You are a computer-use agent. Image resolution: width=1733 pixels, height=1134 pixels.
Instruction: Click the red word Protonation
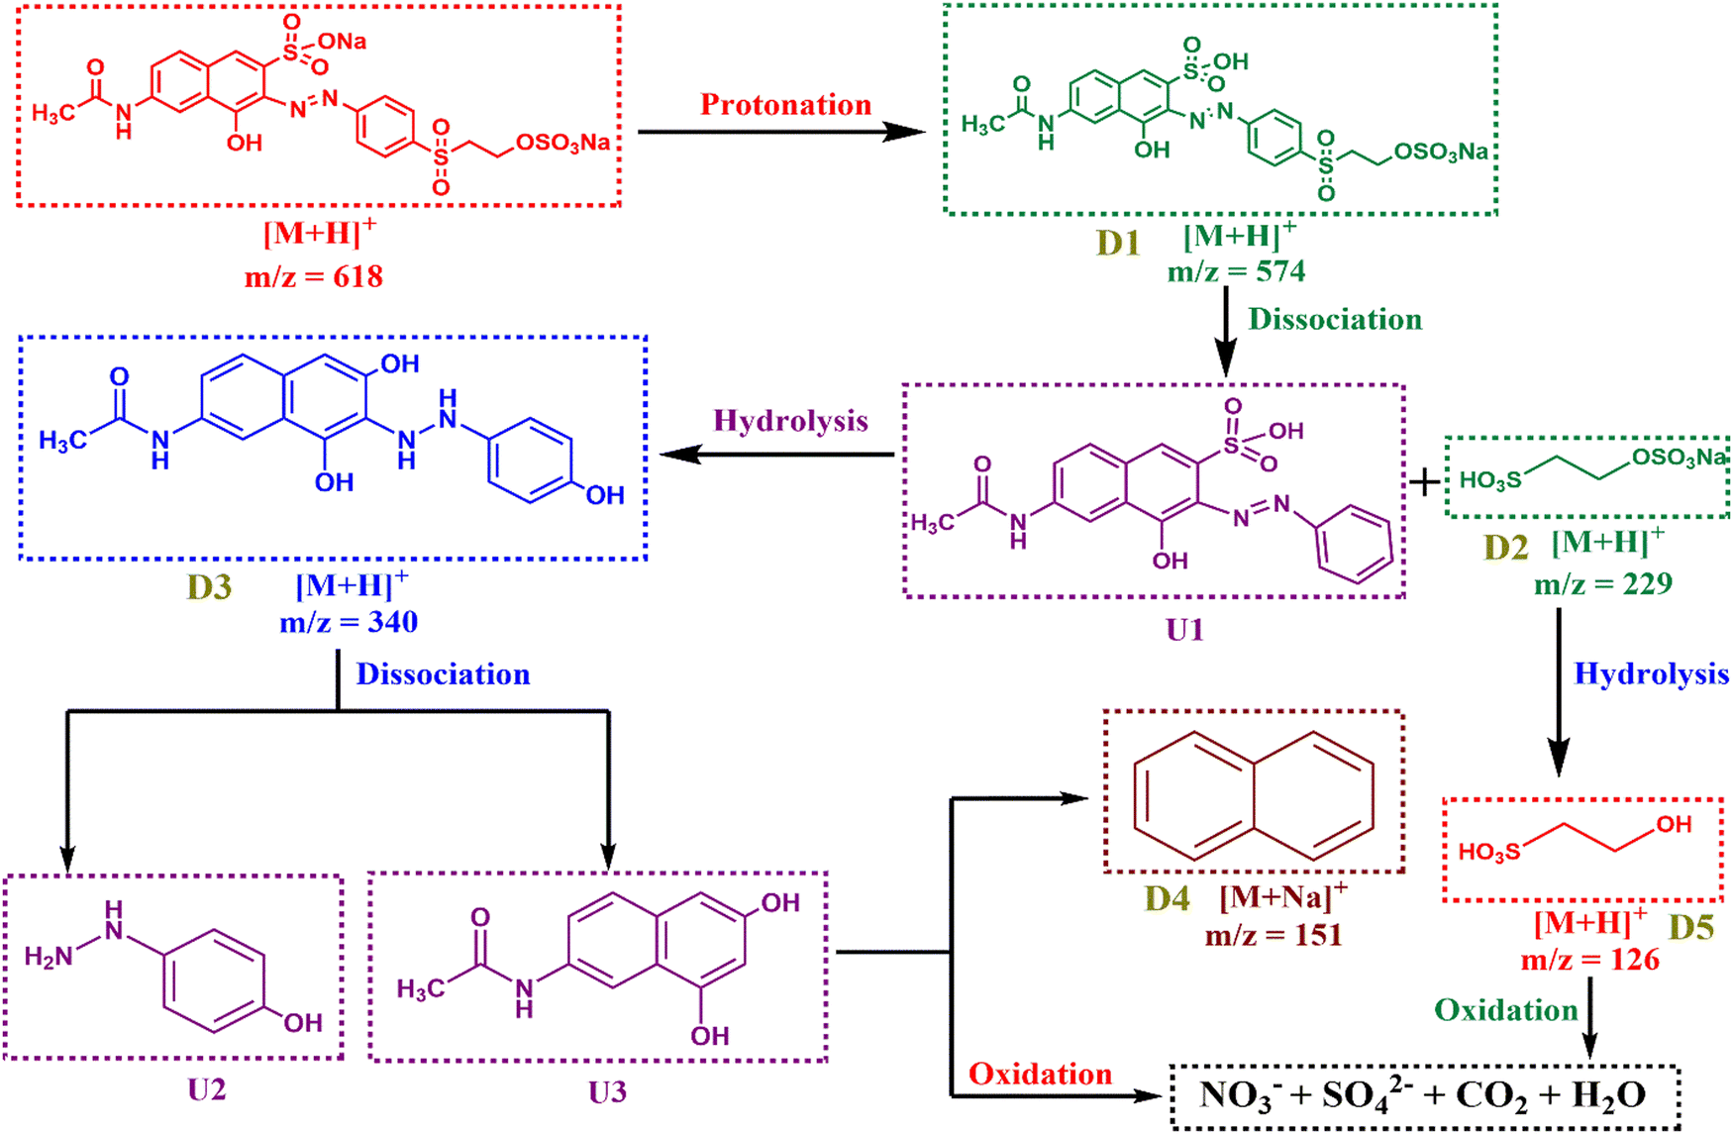click(785, 105)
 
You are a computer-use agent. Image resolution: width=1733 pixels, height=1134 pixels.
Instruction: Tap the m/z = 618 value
click(314, 276)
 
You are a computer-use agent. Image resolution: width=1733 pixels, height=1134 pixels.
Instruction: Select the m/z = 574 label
click(1236, 271)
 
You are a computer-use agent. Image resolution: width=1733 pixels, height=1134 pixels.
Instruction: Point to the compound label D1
click(1118, 243)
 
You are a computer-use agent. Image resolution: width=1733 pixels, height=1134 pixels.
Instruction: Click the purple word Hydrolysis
click(790, 421)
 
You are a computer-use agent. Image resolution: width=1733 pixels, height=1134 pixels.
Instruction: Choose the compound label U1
click(1184, 630)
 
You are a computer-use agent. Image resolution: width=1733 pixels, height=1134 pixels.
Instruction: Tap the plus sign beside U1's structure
click(1425, 482)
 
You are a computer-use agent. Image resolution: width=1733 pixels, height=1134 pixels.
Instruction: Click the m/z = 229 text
click(1603, 584)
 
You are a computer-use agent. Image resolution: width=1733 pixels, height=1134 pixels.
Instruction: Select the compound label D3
click(209, 587)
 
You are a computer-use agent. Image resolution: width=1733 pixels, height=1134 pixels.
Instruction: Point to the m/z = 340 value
click(349, 622)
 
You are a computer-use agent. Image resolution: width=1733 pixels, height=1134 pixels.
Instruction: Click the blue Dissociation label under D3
click(443, 674)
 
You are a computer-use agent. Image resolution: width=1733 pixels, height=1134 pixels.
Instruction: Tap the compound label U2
click(207, 1090)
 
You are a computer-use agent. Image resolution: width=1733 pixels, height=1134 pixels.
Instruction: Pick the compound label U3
click(607, 1092)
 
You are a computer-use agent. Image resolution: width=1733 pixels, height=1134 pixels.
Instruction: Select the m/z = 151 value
click(1274, 935)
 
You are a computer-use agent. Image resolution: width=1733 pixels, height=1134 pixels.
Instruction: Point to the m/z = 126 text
click(1590, 960)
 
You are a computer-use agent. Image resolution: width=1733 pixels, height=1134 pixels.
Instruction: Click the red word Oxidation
click(1040, 1075)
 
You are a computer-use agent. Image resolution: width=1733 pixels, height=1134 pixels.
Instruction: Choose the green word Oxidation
click(1506, 1010)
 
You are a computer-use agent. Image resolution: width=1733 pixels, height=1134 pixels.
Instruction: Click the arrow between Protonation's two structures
click(781, 132)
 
